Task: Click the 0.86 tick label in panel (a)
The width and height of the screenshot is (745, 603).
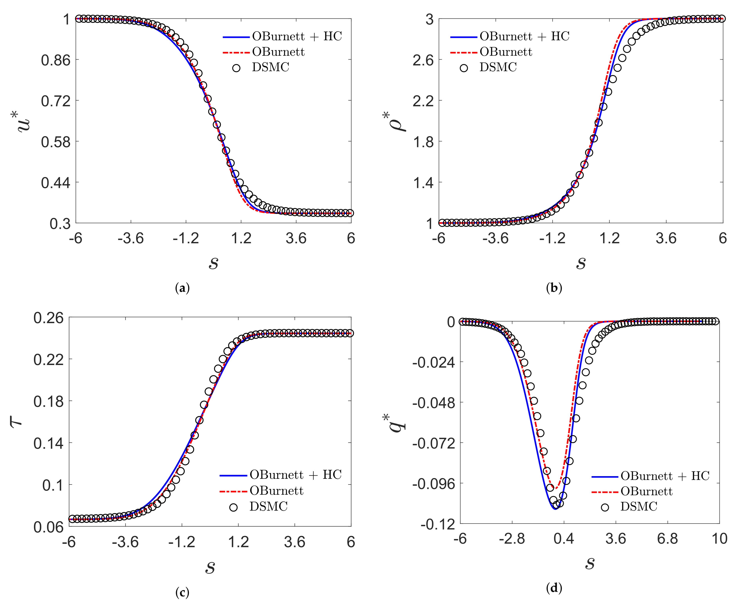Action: pyautogui.click(x=56, y=60)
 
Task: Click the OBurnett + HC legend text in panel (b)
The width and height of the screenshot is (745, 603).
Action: pyautogui.click(x=524, y=36)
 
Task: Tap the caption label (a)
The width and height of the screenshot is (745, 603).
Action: pyautogui.click(x=182, y=288)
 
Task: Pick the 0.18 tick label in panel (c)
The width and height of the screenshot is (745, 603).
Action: pyautogui.click(x=49, y=401)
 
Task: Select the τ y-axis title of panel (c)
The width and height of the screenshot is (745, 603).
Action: pyautogui.click(x=16, y=422)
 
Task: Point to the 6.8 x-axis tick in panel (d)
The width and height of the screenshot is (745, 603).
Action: pyautogui.click(x=667, y=539)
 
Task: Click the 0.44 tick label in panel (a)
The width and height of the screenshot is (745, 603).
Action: pyautogui.click(x=56, y=182)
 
